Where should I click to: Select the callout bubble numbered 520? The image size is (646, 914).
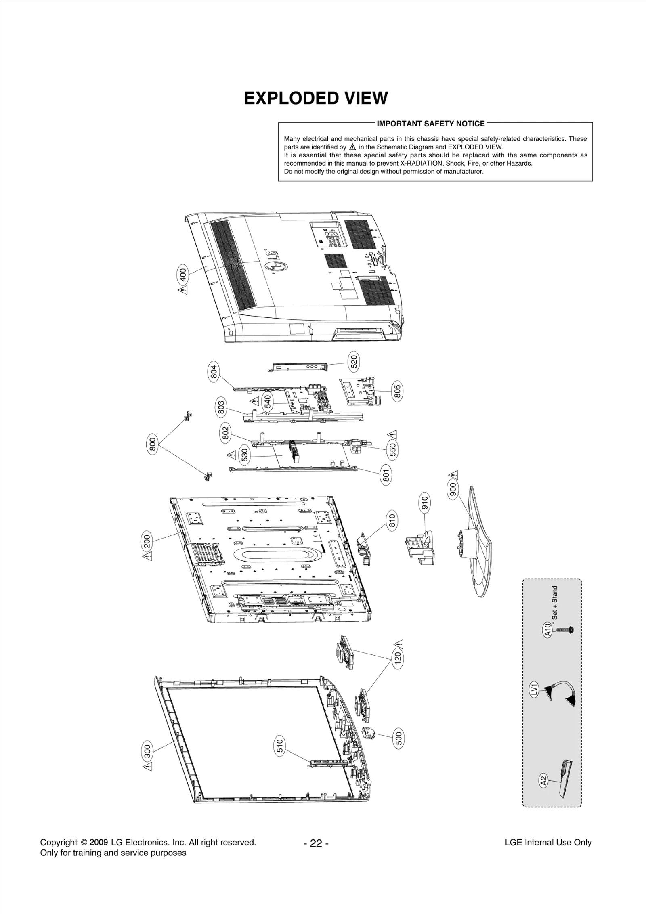pos(354,362)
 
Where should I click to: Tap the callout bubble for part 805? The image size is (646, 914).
pos(397,390)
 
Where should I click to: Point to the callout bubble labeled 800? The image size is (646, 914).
pos(152,444)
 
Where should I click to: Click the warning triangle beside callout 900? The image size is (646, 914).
pos(454,474)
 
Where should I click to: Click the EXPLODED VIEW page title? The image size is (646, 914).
pos(316,98)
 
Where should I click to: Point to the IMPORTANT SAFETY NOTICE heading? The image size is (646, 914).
pos(430,123)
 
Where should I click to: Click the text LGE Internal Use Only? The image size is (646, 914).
pos(548,842)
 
